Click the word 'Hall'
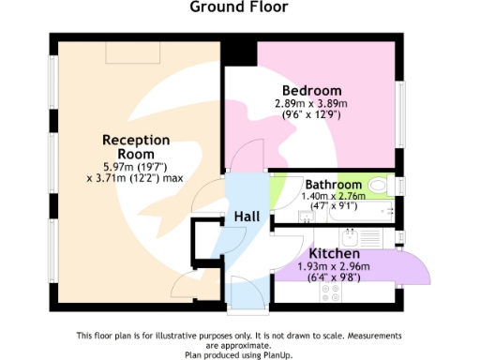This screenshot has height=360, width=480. (x=247, y=217)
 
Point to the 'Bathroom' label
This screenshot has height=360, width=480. (x=333, y=185)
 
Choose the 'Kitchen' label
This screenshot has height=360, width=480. (x=335, y=254)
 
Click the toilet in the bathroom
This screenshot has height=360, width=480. (x=380, y=186)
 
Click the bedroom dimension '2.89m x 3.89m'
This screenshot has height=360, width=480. (x=310, y=103)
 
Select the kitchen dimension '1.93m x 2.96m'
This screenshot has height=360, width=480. (x=335, y=266)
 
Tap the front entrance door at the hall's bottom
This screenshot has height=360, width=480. (x=242, y=291)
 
